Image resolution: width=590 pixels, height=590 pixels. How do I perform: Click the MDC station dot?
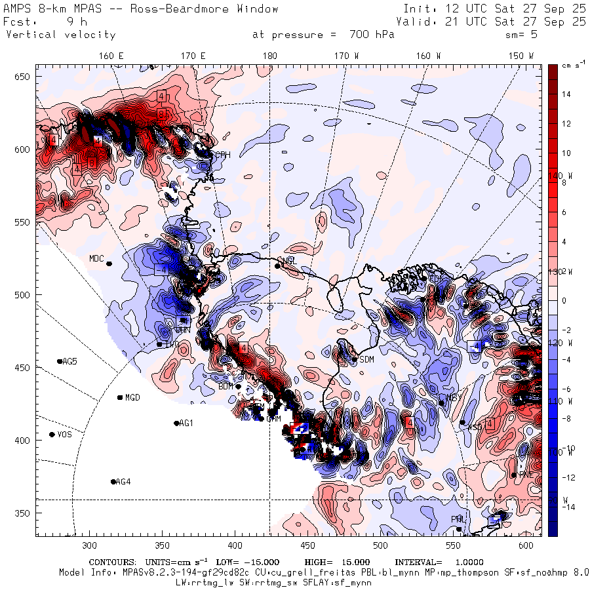click(109, 264)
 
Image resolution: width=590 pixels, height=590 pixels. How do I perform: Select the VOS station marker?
click(52, 435)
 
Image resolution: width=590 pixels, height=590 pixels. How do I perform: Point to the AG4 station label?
click(123, 482)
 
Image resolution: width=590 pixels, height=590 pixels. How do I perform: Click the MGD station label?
click(133, 397)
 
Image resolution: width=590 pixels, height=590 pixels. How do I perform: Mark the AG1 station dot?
click(176, 423)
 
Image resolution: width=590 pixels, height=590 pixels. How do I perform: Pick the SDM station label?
click(367, 359)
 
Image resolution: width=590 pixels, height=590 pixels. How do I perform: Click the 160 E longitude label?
click(111, 56)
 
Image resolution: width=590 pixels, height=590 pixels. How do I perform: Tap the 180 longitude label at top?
click(269, 56)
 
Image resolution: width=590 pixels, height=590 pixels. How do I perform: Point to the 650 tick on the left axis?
click(24, 77)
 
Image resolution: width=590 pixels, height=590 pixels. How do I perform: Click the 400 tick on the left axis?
click(24, 440)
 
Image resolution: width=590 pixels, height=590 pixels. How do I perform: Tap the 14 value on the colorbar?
click(566, 94)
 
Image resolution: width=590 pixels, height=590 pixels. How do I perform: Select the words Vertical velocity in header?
click(60, 35)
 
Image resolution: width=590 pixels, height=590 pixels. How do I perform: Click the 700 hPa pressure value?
click(368, 35)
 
